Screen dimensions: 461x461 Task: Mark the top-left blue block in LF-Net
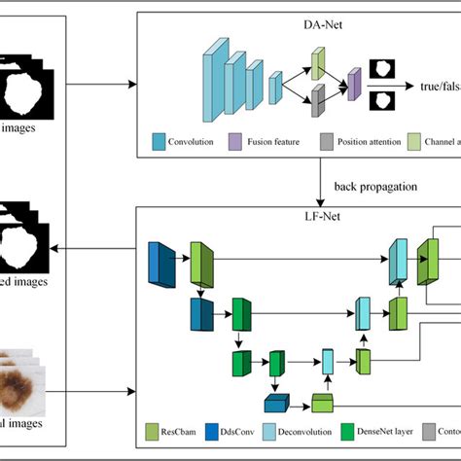[x=158, y=262]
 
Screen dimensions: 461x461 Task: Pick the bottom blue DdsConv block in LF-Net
[x=276, y=404]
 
